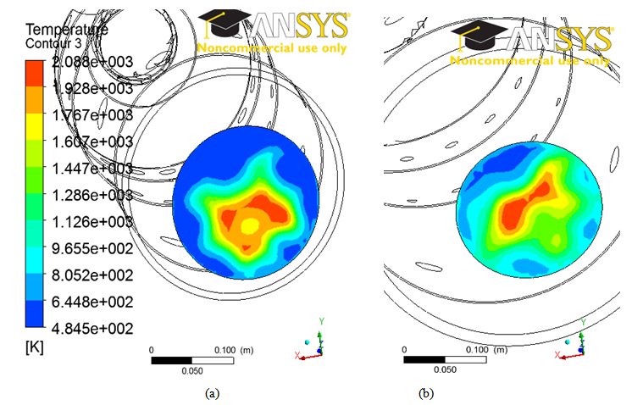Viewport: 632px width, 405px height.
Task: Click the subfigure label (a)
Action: (x=211, y=392)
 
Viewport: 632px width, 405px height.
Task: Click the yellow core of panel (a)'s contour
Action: (x=249, y=225)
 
